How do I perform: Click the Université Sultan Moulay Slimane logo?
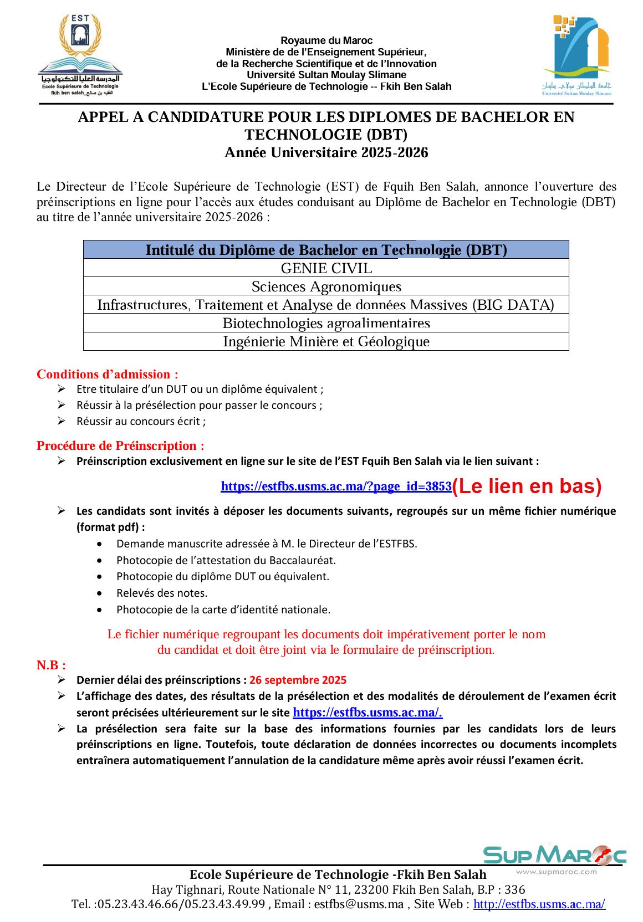coord(577,55)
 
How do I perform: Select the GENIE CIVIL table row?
coord(326,268)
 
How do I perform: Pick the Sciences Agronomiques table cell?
coord(326,286)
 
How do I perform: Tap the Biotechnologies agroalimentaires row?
coord(326,323)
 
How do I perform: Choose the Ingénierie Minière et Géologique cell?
coord(326,341)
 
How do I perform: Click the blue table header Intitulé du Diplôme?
coord(326,250)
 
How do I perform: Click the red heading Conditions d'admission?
coord(108,374)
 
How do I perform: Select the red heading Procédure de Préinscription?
coord(120,445)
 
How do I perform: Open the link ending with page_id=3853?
coord(336,486)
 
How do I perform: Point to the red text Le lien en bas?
coord(527,486)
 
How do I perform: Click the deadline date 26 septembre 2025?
coord(298,680)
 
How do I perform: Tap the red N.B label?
coord(51,665)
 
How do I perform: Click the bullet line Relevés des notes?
coord(162,593)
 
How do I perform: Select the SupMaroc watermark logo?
coord(554,856)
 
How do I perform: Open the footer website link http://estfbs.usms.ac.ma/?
coord(539,904)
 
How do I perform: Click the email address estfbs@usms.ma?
coord(359,904)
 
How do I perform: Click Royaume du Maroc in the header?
coord(326,40)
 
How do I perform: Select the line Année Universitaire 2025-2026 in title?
coord(326,152)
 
